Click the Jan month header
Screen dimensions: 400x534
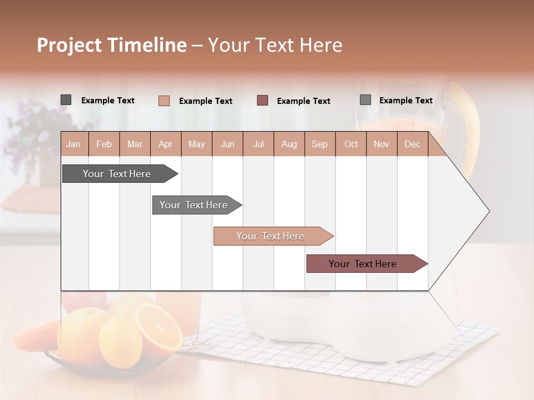pos(74,144)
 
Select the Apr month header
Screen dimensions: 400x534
pos(166,144)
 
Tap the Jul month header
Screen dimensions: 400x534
pos(258,144)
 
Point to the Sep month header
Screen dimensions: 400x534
pos(319,144)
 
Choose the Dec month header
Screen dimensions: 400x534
pos(412,144)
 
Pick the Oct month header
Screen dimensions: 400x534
pos(351,144)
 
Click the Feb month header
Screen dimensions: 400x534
pos(104,144)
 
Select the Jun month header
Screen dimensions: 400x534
pos(228,144)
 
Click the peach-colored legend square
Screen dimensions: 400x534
pos(164,101)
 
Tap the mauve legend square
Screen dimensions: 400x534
pos(263,101)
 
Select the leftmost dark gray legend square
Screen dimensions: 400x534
pos(66,100)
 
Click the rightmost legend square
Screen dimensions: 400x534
pos(365,100)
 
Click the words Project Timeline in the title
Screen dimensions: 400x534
pos(111,45)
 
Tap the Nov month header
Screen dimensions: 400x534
pos(382,144)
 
